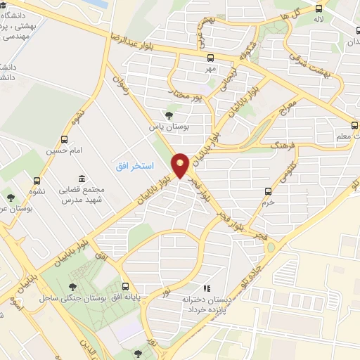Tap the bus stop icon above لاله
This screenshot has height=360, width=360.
[319, 8]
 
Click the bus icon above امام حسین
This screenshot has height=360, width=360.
[65, 139]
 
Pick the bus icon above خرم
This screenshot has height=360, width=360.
[268, 191]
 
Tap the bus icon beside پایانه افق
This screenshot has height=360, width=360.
[126, 286]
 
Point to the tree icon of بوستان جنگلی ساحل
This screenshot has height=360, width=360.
[72, 287]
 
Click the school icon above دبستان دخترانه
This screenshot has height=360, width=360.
[206, 288]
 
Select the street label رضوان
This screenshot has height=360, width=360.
[122, 86]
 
